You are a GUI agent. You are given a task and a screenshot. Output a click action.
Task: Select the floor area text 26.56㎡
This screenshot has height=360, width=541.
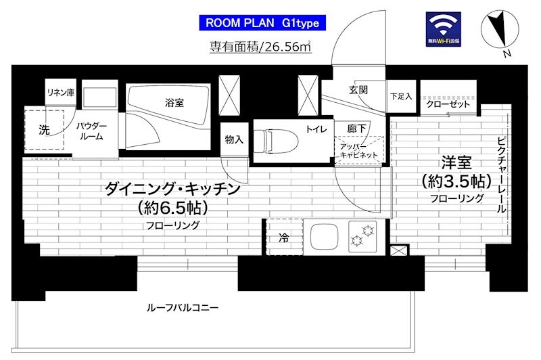pyautogui.click(x=260, y=47)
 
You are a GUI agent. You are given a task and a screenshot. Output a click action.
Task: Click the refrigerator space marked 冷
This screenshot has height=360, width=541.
pyautogui.click(x=283, y=238)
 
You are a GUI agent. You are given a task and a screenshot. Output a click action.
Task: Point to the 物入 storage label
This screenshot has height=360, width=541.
pyautogui.click(x=234, y=139)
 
